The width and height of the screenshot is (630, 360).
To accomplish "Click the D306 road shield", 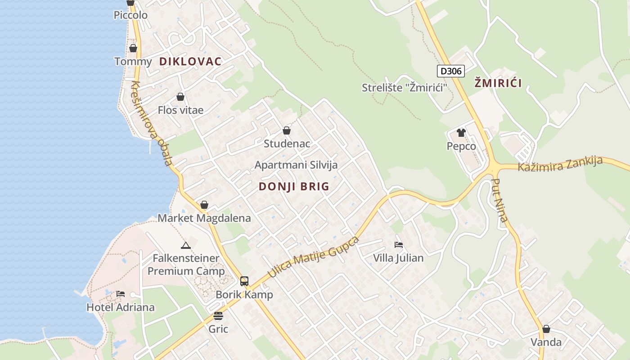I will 450,71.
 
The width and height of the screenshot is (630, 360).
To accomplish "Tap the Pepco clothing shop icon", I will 461,133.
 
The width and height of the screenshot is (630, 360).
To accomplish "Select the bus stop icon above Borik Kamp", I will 244,281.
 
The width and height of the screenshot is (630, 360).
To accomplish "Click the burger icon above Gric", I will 218,316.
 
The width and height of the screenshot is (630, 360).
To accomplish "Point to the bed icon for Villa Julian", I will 398,245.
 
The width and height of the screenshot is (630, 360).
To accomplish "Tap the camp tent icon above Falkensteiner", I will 185,245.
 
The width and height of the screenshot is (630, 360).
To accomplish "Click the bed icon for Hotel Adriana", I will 120,294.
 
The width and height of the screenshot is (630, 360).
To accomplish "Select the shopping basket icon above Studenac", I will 287,131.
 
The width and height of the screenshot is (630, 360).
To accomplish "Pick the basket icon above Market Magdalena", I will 204,205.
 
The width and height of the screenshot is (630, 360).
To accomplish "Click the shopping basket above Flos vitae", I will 180,97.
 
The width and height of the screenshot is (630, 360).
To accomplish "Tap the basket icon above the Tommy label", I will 133,48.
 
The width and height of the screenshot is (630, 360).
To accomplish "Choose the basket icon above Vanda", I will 546,329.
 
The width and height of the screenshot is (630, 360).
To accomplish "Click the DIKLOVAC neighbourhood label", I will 190,62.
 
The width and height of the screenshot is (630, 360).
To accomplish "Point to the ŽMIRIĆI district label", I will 498,83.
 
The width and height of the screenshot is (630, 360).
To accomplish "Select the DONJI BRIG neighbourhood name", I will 294,187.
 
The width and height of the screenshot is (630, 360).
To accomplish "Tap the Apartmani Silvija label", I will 296,165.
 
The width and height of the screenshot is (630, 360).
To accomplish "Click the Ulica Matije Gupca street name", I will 313,256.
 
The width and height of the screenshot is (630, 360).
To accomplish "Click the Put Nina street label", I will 500,201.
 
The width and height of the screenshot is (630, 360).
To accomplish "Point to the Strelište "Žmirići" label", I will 405,88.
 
